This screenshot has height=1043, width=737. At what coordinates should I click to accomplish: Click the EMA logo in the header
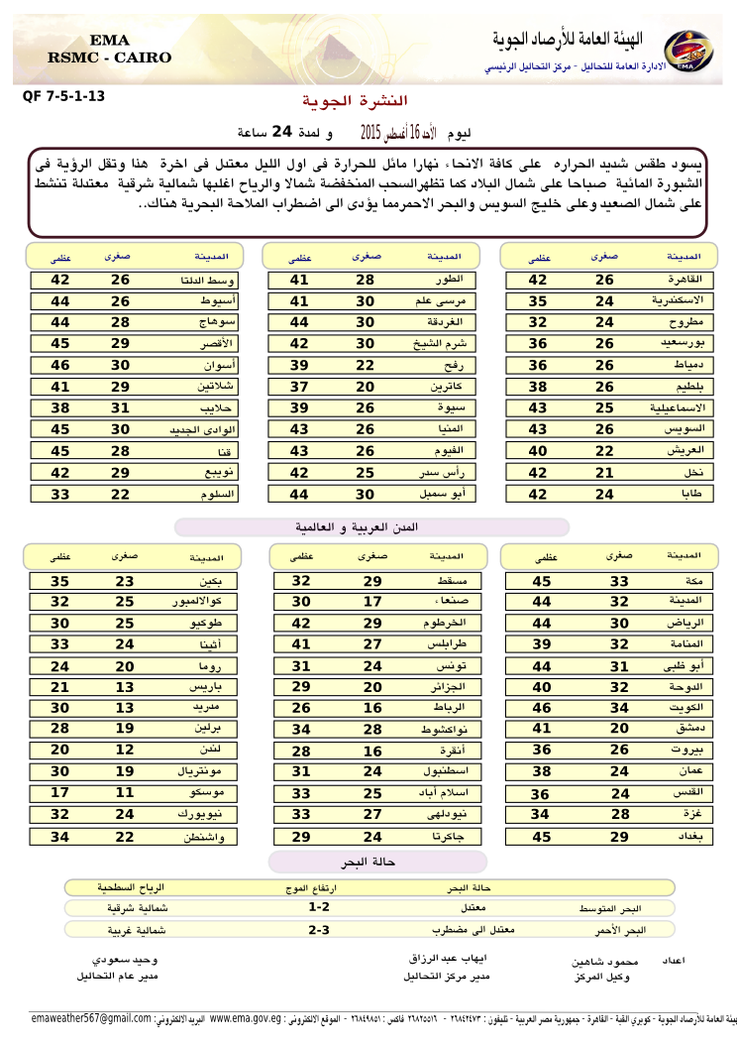click(680, 49)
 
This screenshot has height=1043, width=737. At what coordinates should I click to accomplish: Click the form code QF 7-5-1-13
click(62, 97)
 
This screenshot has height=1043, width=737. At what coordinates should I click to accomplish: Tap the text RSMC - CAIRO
click(109, 58)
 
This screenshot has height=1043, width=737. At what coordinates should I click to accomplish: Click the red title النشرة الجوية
click(353, 102)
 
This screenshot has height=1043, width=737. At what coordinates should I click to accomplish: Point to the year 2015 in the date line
click(370, 131)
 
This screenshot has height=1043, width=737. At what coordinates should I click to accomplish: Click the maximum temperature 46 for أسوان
click(60, 366)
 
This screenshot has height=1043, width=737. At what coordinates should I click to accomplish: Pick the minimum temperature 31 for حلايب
click(120, 407)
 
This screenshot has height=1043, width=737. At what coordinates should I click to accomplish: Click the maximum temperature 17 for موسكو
click(60, 793)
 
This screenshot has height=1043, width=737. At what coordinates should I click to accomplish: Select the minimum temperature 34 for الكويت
click(618, 708)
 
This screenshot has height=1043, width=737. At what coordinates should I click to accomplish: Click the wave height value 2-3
click(319, 930)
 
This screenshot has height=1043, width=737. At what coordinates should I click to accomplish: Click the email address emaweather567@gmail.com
click(91, 1018)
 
